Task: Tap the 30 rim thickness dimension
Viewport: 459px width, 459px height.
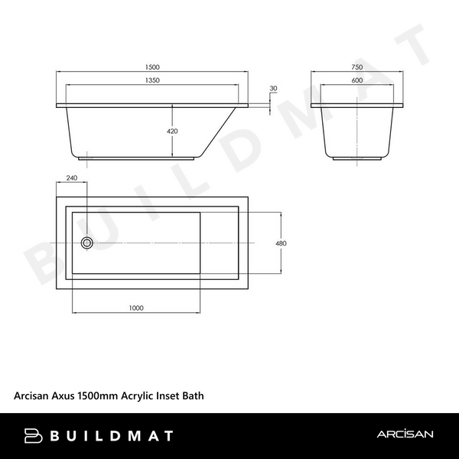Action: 273,89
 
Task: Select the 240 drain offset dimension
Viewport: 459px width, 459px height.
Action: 73,178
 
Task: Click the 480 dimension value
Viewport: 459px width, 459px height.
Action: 280,243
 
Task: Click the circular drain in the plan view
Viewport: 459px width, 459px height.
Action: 87,243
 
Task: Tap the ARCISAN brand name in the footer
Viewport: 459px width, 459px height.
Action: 405,435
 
